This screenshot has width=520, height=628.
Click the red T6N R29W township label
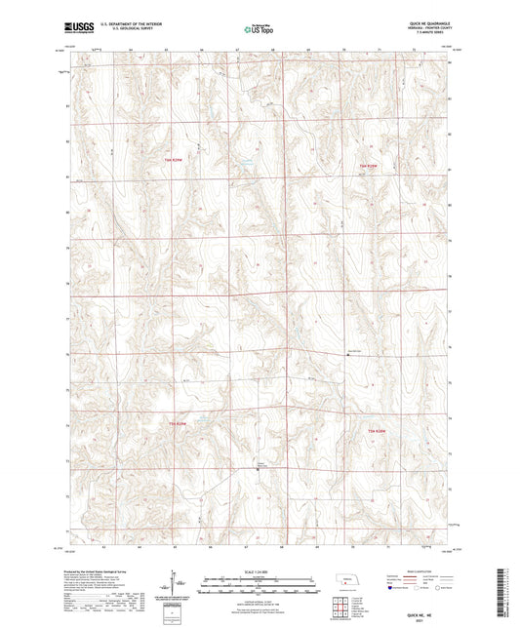pos(173,158)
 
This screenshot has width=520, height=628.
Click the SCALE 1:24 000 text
pos(260,571)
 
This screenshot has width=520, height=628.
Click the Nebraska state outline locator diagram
pos(345,583)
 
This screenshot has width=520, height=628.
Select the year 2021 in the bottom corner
pos(426,621)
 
